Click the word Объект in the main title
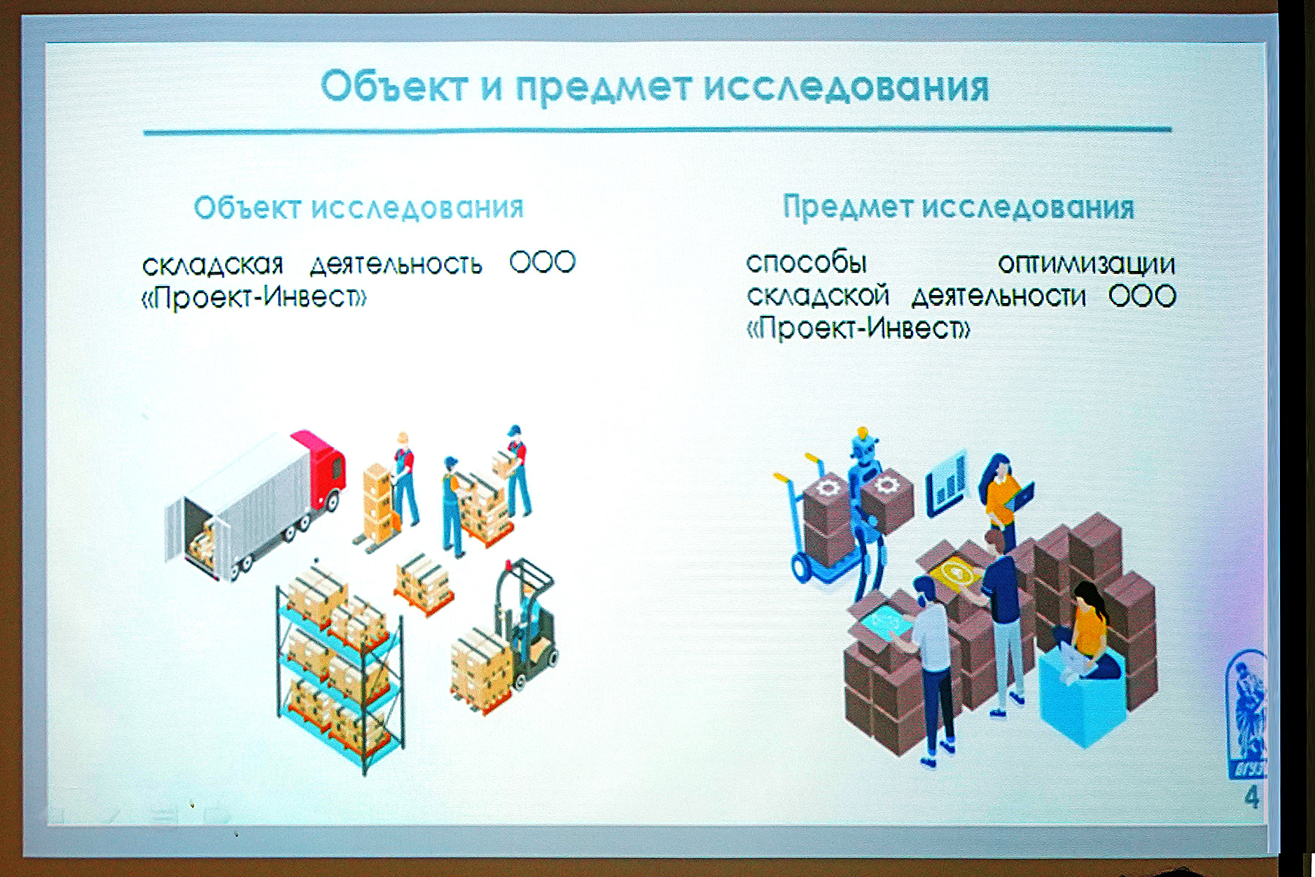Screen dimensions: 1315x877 point(394,87)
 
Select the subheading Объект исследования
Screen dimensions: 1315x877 point(359,208)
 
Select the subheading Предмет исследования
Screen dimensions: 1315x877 point(958,207)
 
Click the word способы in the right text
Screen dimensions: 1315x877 point(807,262)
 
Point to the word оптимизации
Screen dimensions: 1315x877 point(1086,264)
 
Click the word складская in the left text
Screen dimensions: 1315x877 point(213,264)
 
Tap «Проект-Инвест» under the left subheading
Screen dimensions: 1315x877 point(254,297)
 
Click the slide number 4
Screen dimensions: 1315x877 point(1251,797)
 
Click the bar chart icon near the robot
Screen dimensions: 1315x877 point(947,483)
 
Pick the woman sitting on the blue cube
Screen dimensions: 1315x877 point(1085,632)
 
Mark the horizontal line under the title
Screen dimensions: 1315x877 point(657,131)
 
